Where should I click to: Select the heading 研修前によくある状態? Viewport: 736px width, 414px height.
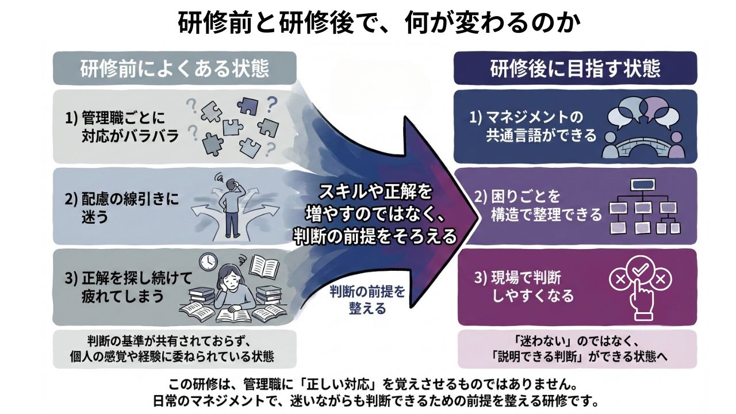pyautogui.click(x=174, y=68)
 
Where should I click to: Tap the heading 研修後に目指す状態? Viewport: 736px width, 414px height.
pyautogui.click(x=575, y=68)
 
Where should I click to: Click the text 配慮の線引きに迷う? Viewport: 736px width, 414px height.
pyautogui.click(x=121, y=208)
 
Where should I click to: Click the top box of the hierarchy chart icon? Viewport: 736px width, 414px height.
pyautogui.click(x=640, y=186)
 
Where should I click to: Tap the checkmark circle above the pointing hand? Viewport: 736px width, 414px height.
pyautogui.click(x=640, y=270)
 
